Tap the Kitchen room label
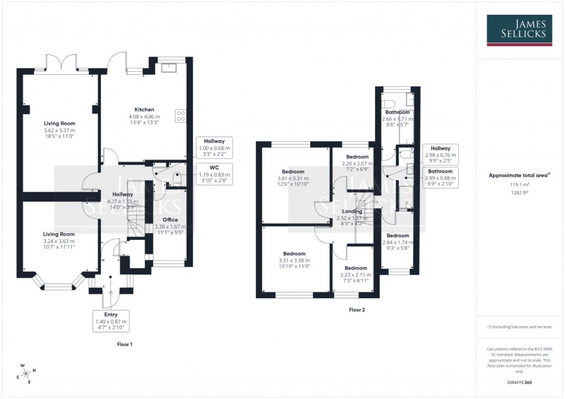(x=144, y=110)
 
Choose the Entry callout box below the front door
(x=111, y=321)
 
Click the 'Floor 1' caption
(x=124, y=344)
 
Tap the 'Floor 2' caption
(x=356, y=310)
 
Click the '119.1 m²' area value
(x=519, y=186)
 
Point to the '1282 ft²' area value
(x=519, y=193)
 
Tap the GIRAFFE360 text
(x=519, y=382)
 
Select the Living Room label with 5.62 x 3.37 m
(x=60, y=123)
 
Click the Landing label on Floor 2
(x=352, y=211)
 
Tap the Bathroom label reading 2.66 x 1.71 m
(x=397, y=112)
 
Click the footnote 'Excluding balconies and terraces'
(x=519, y=327)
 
